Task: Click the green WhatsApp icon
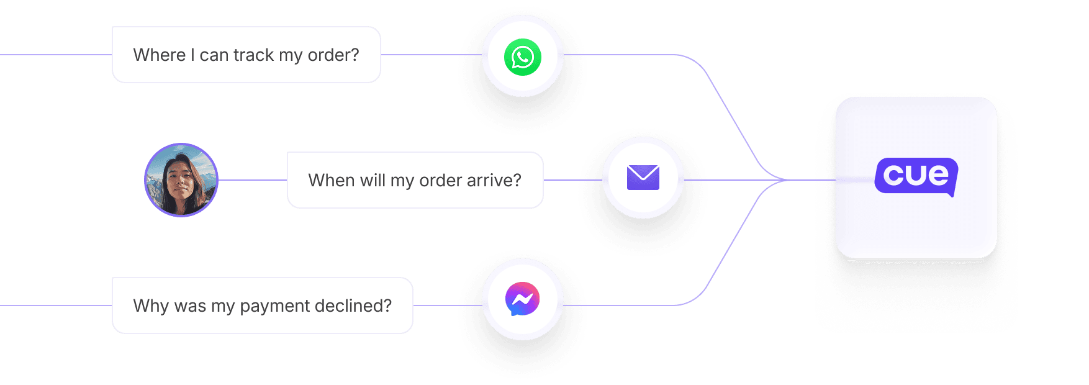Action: (x=523, y=57)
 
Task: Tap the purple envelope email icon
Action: (x=643, y=178)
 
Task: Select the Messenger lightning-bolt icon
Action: (x=523, y=299)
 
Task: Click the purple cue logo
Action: (x=916, y=176)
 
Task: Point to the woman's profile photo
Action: (x=181, y=180)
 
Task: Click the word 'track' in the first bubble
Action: (x=253, y=55)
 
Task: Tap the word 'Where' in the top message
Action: (x=160, y=55)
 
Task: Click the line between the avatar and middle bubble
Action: (x=252, y=180)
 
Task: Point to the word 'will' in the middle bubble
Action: (x=373, y=181)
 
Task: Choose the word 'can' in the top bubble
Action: (x=214, y=55)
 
